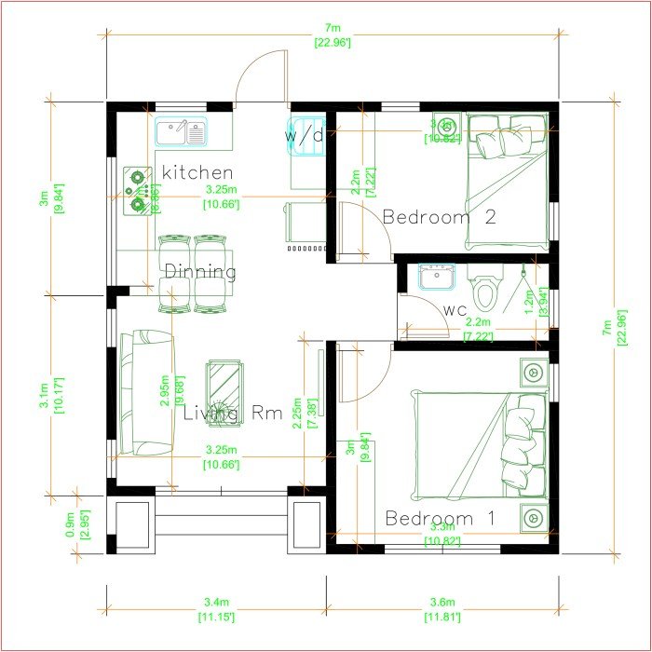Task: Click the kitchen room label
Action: click(x=197, y=172)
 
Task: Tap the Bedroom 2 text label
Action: click(x=439, y=217)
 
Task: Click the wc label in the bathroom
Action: click(x=455, y=309)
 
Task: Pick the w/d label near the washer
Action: click(x=305, y=135)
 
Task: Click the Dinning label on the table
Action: click(x=200, y=272)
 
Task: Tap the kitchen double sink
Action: click(x=183, y=133)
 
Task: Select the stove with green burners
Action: click(x=138, y=189)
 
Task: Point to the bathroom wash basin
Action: click(x=435, y=277)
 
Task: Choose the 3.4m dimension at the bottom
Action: click(x=215, y=608)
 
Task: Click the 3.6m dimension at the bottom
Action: click(x=442, y=608)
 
